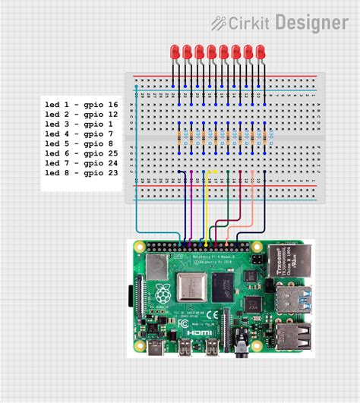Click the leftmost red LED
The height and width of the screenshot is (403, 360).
point(175,52)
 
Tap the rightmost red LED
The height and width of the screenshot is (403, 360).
point(260,52)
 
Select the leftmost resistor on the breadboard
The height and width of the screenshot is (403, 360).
point(179,137)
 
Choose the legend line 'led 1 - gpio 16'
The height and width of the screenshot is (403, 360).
point(81,103)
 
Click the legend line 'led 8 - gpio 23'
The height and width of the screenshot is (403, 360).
point(81,172)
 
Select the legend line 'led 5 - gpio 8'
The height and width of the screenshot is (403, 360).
point(78,143)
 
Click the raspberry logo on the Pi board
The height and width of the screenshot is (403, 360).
point(163,294)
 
